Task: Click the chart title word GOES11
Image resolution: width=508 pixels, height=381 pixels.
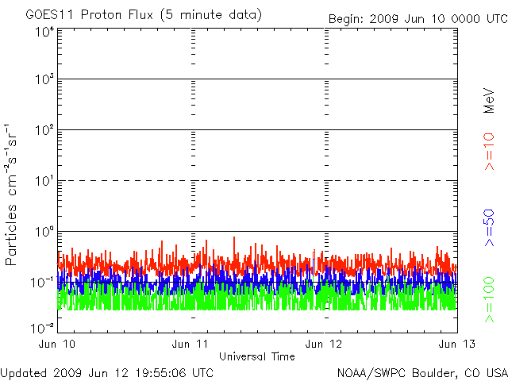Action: tap(50, 14)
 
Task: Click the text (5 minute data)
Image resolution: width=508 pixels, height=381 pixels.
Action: tap(211, 15)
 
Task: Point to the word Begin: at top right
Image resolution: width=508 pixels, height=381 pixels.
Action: tap(346, 19)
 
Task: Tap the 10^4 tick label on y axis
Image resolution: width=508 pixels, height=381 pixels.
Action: tap(45, 33)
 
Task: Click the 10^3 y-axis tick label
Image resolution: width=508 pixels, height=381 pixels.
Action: tap(45, 79)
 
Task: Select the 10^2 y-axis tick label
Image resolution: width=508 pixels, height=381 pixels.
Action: tap(45, 130)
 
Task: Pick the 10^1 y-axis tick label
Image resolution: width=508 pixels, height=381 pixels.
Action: tap(45, 181)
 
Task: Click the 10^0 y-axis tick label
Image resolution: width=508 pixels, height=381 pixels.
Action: tap(45, 232)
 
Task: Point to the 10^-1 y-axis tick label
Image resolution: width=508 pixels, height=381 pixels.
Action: tap(42, 283)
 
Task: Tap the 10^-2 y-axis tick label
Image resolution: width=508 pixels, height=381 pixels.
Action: tap(42, 328)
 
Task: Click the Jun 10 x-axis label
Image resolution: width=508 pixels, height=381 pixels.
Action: tap(57, 344)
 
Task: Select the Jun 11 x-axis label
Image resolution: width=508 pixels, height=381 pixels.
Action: tap(190, 344)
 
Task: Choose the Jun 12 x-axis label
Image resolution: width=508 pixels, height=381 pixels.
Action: tap(324, 344)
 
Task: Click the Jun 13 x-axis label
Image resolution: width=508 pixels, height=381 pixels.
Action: tap(457, 344)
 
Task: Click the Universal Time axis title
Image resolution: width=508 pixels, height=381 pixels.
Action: tap(257, 356)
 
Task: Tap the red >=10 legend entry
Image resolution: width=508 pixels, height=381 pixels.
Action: tap(489, 152)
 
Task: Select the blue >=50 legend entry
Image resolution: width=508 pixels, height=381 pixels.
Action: tap(489, 228)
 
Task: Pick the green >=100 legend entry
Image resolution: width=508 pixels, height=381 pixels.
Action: tap(489, 300)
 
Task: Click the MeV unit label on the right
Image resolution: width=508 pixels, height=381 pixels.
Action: tap(489, 101)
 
